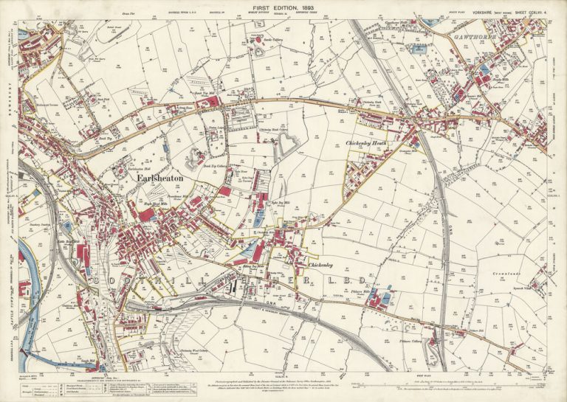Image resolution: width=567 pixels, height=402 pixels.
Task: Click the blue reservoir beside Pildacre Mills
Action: [x=386, y=298]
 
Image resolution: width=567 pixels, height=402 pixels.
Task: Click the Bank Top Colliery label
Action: [x=195, y=167]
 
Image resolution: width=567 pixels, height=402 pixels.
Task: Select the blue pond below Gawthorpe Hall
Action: [x=419, y=49]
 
